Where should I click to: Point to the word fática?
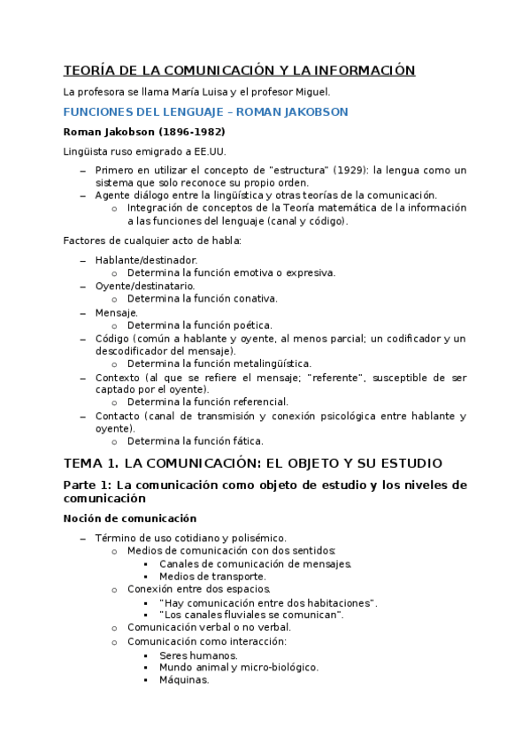pos(249,440)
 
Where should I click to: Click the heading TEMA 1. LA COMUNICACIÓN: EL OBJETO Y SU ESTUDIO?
pos(252,463)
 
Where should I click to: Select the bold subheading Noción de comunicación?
pos(130,518)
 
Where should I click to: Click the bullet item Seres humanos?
pos(198,655)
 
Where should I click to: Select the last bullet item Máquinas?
pos(184,680)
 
